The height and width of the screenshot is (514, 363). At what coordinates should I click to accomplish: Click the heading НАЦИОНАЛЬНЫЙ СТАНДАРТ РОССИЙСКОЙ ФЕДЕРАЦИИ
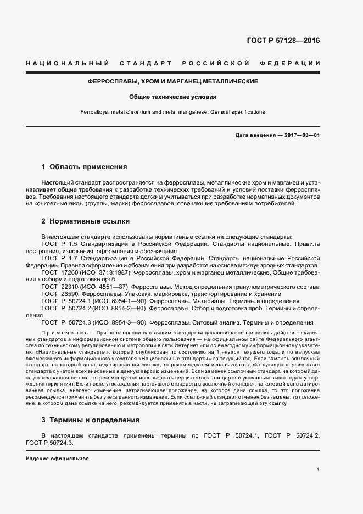173,64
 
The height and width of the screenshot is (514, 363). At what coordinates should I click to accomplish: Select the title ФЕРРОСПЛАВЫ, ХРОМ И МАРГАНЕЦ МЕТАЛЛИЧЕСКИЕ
173,81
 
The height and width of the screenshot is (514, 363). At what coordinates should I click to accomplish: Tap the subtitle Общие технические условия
173,97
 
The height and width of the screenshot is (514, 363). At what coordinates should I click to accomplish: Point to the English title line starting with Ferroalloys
173,112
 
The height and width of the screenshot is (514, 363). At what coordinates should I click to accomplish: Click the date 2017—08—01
301,136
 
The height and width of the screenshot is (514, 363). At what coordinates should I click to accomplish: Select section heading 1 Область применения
84,166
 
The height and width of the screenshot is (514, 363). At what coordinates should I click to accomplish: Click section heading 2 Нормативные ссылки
85,222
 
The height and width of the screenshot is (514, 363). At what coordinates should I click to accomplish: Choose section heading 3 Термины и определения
90,420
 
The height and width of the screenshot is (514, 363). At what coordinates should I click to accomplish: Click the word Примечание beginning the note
60,333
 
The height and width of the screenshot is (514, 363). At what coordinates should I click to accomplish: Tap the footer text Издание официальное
57,459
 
